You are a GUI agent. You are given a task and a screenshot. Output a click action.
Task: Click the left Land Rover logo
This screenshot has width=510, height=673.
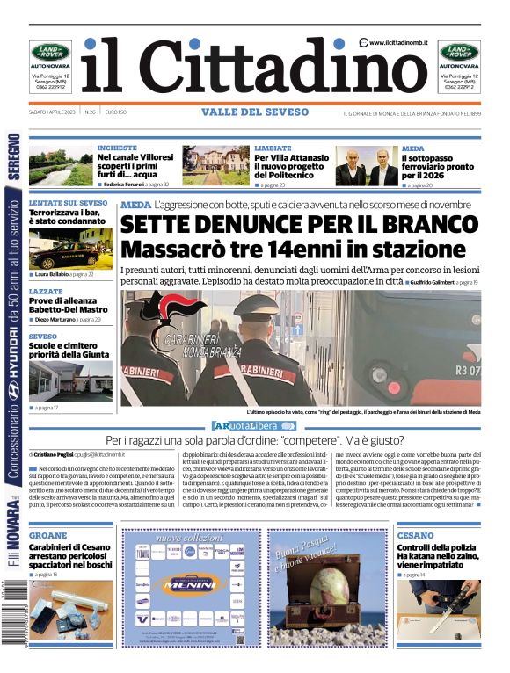pyautogui.click(x=51, y=52)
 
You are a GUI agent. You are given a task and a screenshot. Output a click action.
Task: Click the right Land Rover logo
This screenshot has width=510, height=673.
pyautogui.click(x=459, y=52)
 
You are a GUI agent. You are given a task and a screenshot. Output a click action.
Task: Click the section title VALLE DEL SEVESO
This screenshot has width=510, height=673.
pyautogui.click(x=255, y=112)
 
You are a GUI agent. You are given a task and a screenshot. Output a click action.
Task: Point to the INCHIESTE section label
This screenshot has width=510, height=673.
pyautogui.click(x=117, y=148)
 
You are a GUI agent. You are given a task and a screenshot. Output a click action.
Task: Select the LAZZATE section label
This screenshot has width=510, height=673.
pyautogui.click(x=45, y=290)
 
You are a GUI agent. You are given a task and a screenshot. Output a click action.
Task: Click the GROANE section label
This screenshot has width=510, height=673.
pyautogui.click(x=46, y=535)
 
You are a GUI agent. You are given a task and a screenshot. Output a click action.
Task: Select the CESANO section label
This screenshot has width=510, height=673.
pyautogui.click(x=414, y=535)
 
